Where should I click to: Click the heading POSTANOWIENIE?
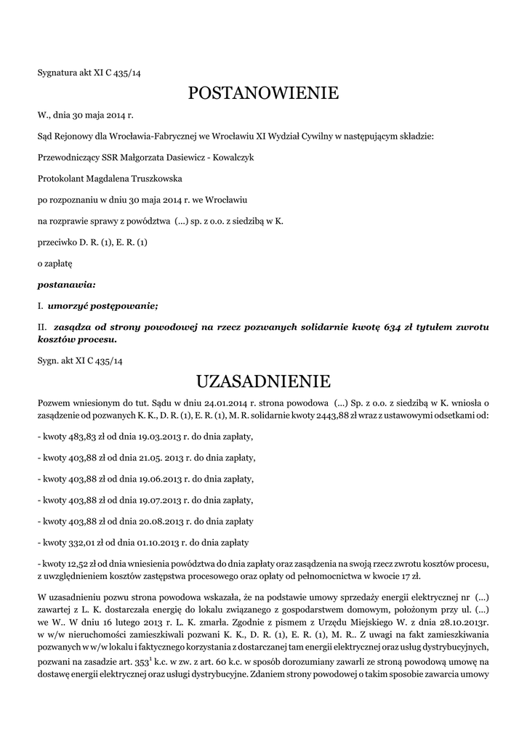263,93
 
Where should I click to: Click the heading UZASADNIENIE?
263,381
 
